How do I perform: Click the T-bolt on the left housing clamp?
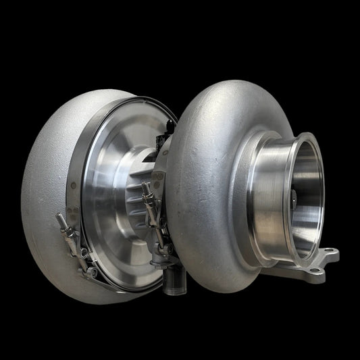(x=68, y=233)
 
